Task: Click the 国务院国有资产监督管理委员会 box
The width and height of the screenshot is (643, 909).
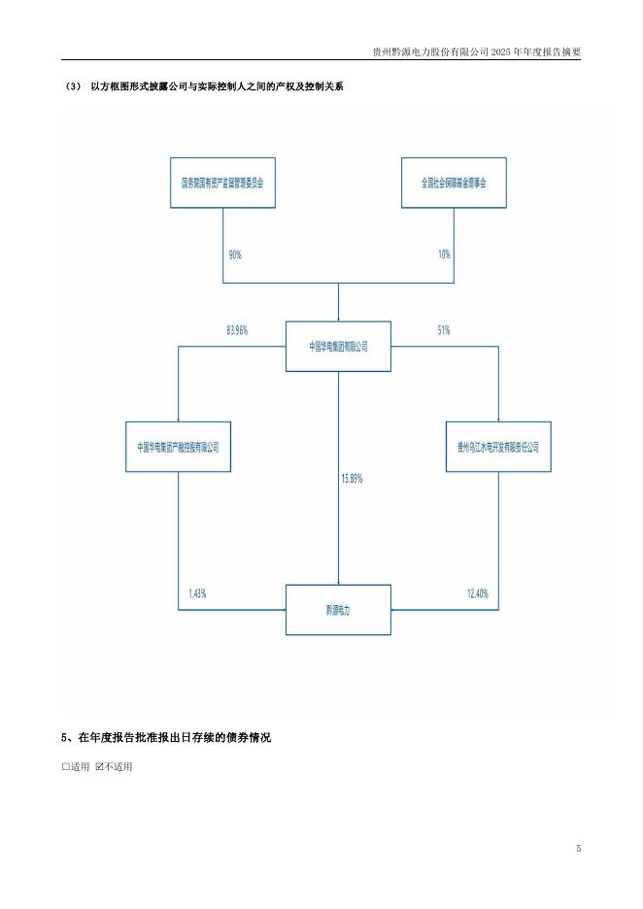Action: click(x=222, y=182)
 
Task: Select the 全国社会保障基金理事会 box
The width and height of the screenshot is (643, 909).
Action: click(x=454, y=182)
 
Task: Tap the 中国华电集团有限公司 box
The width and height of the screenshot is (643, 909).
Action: click(x=338, y=346)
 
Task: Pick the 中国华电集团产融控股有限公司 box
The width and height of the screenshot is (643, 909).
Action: click(x=179, y=447)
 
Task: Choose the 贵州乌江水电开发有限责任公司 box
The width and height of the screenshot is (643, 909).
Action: click(x=497, y=447)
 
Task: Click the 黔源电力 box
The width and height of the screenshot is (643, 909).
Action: click(x=338, y=610)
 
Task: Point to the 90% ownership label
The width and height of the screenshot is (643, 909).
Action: click(x=235, y=254)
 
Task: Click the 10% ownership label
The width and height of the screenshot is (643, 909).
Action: click(x=444, y=254)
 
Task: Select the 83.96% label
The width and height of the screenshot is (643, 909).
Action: click(x=237, y=330)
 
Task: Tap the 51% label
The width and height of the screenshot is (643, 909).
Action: click(x=444, y=330)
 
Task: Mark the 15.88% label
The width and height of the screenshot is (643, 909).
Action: click(x=352, y=479)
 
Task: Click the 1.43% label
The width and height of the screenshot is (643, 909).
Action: click(x=197, y=592)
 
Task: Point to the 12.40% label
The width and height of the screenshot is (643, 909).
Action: click(x=477, y=592)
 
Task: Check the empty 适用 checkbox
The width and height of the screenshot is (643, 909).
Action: click(x=66, y=767)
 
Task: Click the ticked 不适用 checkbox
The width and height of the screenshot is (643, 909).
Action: click(x=99, y=767)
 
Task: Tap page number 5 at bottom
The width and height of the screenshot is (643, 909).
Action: click(x=578, y=849)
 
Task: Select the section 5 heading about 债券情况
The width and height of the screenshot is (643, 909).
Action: click(x=166, y=738)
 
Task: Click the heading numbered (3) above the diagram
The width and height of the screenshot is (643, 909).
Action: click(x=204, y=87)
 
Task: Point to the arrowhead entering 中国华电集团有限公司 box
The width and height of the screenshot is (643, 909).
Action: click(x=338, y=318)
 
